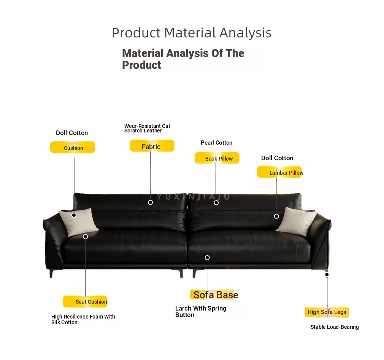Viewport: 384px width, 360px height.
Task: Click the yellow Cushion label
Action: [73, 147]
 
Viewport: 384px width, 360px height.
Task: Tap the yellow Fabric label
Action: [152, 146]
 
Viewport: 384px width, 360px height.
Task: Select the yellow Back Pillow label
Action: [217, 158]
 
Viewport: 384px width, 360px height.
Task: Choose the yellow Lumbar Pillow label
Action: [280, 172]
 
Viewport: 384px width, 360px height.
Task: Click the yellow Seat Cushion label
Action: [85, 301]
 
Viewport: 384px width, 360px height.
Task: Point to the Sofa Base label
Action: [214, 295]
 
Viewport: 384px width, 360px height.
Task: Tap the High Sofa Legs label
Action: [327, 312]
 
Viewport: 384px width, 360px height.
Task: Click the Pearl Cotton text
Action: [216, 143]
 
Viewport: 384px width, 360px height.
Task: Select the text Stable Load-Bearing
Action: [335, 327]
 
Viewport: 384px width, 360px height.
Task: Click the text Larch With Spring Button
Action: [201, 311]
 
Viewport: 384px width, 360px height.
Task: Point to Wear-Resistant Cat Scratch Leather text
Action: [147, 128]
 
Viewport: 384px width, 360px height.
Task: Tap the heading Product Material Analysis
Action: [192, 33]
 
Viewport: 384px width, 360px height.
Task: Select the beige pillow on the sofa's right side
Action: [296, 221]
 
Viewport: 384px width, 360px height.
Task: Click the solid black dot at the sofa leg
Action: [327, 275]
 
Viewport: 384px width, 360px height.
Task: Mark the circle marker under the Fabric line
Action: [150, 202]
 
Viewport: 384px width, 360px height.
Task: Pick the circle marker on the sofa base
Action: [207, 258]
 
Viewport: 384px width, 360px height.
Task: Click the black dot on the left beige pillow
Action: [74, 215]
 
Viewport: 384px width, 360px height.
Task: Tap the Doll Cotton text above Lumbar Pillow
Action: [277, 158]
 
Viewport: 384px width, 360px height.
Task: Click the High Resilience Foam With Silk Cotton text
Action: [83, 319]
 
